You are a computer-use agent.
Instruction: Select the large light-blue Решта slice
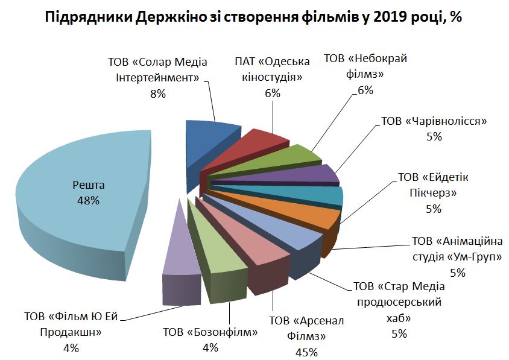pos(78,199)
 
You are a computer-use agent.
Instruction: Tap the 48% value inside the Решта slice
pos(88,201)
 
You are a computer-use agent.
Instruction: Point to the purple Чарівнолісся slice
pos(314,174)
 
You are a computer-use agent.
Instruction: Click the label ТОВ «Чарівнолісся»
pos(434,121)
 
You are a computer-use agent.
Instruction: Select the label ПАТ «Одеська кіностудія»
pos(272,69)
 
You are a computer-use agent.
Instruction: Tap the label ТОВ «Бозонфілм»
pos(210,332)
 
